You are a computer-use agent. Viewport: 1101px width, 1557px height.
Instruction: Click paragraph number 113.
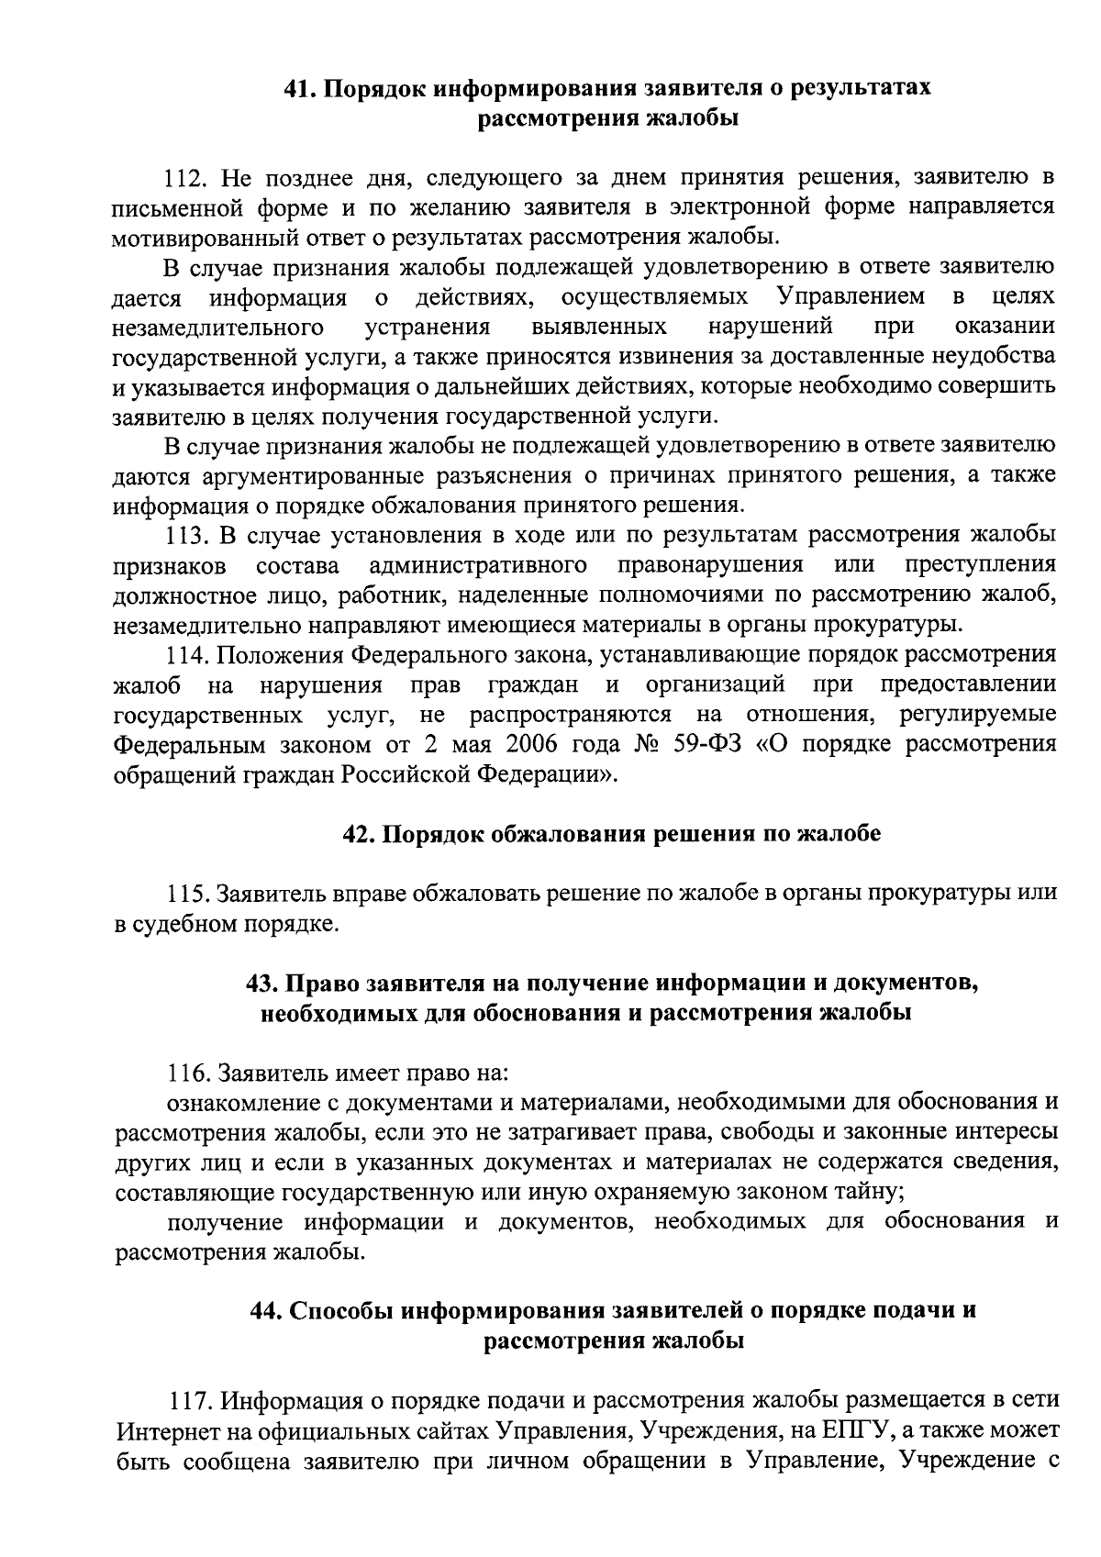[186, 535]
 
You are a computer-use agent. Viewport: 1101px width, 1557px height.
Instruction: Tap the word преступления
[980, 564]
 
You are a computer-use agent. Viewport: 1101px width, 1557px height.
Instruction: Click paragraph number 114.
[186, 654]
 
